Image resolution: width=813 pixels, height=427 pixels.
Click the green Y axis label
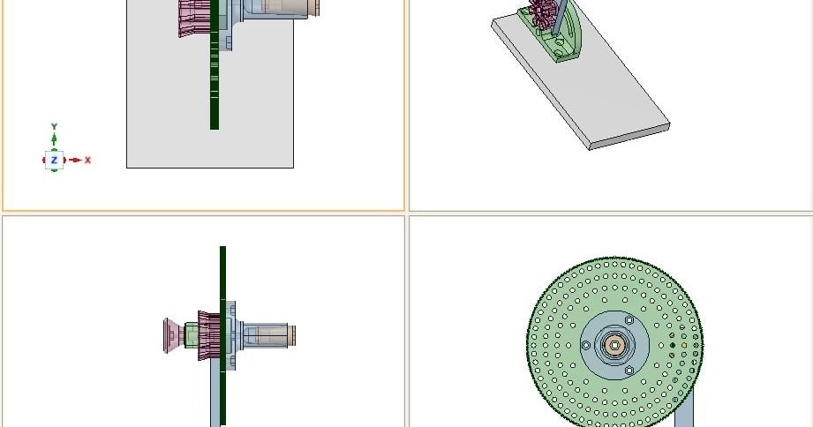tap(54, 127)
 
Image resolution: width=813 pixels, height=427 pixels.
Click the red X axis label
tap(87, 161)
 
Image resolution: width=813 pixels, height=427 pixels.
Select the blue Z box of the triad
tap(54, 161)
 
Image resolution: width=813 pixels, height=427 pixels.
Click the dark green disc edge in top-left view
tap(214, 88)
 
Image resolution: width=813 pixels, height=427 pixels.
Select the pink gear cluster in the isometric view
tap(545, 15)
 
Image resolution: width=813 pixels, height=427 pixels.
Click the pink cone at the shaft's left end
tap(172, 335)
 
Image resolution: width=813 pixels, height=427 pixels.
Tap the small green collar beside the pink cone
tap(190, 335)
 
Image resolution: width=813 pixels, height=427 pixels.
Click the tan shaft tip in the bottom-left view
tap(290, 335)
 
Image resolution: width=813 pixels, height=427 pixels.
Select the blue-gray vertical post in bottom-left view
tap(215, 401)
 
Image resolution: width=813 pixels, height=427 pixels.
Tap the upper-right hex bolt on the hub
tap(629, 319)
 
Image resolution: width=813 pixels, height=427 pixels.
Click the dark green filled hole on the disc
tap(673, 345)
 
